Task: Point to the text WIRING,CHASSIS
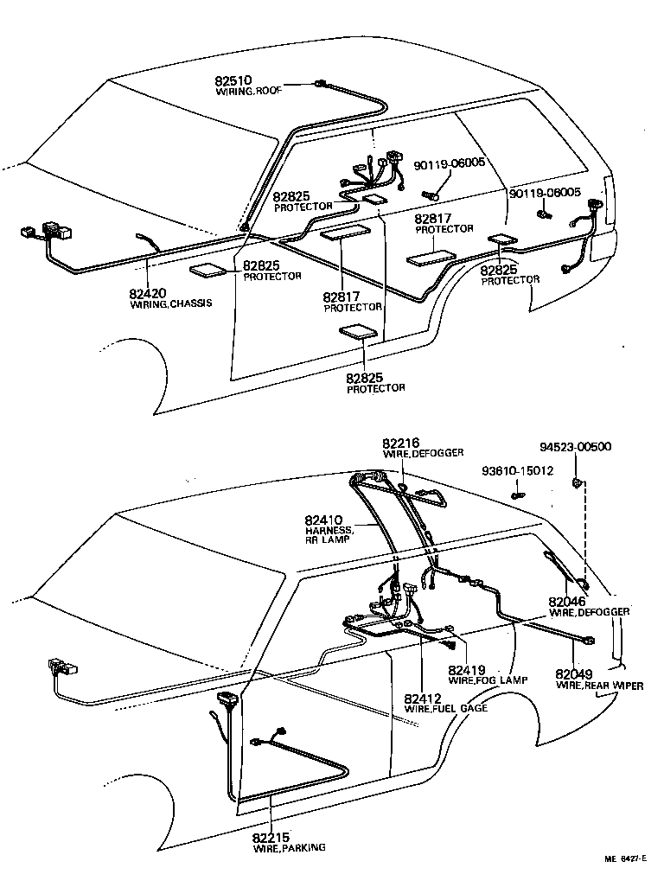[170, 304]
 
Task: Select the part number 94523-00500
[575, 447]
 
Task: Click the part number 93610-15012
[518, 472]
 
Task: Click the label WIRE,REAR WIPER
[599, 686]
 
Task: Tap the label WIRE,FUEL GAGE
[445, 709]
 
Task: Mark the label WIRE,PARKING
[289, 848]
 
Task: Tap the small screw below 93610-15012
[516, 495]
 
